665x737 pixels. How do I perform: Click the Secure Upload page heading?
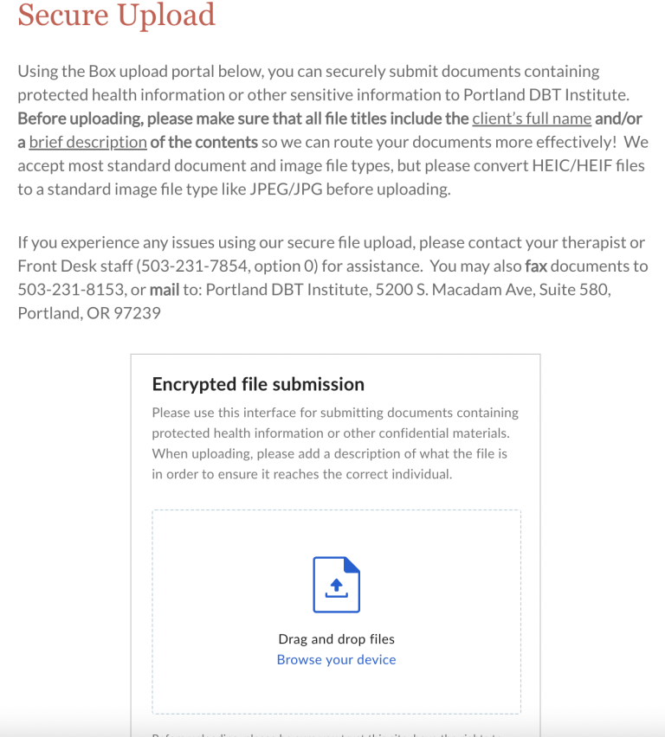[x=116, y=15]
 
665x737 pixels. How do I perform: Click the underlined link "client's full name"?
[x=532, y=119]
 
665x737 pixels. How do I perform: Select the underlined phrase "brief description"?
[x=87, y=142]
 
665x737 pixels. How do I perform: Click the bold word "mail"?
[x=165, y=290]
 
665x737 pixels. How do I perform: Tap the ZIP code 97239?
[x=137, y=313]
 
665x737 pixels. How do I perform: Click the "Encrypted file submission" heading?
[x=258, y=384]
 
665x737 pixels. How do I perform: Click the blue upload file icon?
[x=336, y=585]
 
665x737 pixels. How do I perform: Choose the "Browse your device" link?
[x=336, y=660]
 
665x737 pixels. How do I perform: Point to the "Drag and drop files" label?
[x=336, y=639]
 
